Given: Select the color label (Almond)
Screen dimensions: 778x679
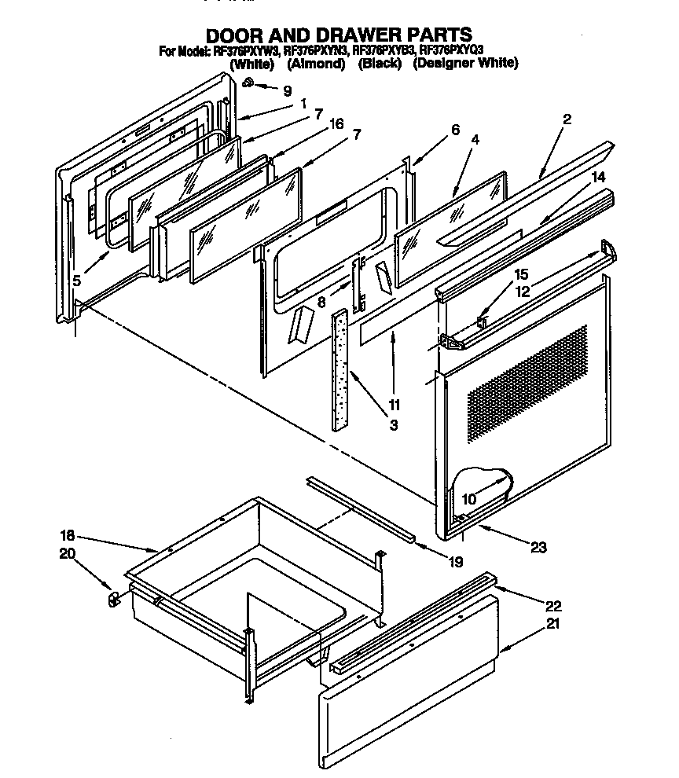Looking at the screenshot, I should (x=316, y=64).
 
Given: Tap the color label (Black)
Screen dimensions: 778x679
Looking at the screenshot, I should (x=380, y=64).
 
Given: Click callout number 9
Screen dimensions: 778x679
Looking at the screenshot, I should (x=287, y=90).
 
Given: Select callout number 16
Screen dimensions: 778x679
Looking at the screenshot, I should (x=336, y=124).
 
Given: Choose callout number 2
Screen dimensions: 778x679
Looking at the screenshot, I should (x=567, y=119).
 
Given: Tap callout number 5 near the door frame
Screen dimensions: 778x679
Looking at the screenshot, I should (x=76, y=281).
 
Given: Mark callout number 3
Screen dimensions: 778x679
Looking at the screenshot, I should (x=393, y=425).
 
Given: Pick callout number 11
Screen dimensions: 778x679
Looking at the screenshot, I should (x=394, y=406).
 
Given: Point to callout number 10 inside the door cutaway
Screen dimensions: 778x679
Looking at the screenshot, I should (x=469, y=499).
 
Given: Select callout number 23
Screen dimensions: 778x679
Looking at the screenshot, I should (x=538, y=548).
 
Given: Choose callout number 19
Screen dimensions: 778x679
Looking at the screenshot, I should (x=455, y=562).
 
